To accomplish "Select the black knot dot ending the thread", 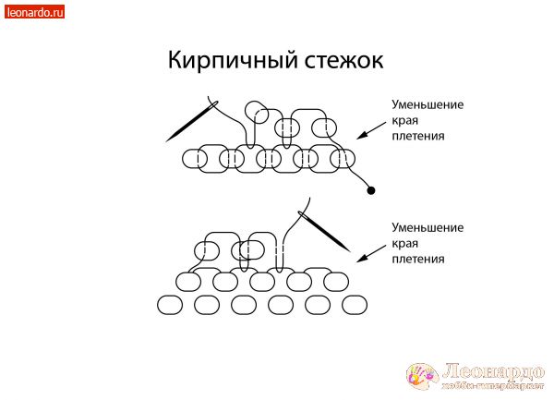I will pos(371,191).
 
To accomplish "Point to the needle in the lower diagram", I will pos(325,230).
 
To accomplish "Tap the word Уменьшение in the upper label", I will pos(428,104).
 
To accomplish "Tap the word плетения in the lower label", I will pos(418,260).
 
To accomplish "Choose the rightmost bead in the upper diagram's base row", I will pos(343,159).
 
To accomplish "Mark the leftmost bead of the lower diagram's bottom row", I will pos(172,304).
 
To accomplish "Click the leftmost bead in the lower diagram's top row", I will pos(208,250).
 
